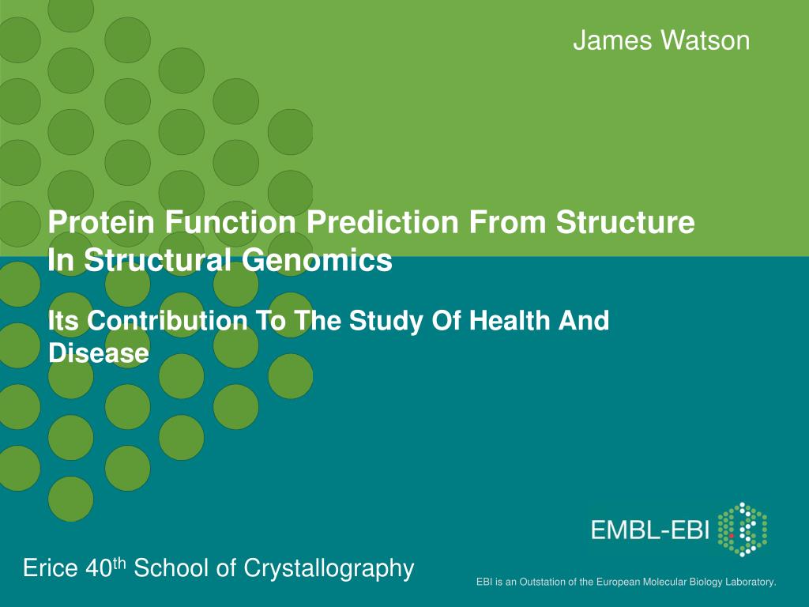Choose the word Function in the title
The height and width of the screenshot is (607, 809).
click(224, 223)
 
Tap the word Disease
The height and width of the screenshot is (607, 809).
click(98, 353)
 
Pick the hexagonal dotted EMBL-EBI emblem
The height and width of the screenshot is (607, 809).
click(743, 529)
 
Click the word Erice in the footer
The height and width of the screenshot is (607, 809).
click(49, 568)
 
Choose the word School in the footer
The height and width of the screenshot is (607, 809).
click(172, 568)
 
